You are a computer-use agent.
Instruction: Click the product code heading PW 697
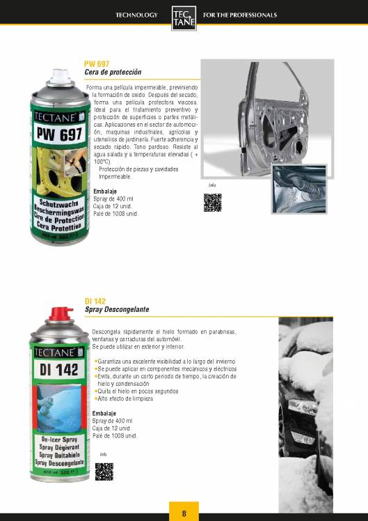[96, 64]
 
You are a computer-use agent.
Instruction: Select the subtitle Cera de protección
[112, 72]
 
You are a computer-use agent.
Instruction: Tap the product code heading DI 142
[95, 301]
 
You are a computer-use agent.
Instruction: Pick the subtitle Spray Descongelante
[116, 309]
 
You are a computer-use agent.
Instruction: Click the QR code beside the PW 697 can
[212, 202]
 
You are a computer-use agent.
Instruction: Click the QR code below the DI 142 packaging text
[104, 471]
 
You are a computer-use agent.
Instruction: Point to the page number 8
[184, 513]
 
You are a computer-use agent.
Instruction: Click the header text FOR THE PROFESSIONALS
[239, 15]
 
